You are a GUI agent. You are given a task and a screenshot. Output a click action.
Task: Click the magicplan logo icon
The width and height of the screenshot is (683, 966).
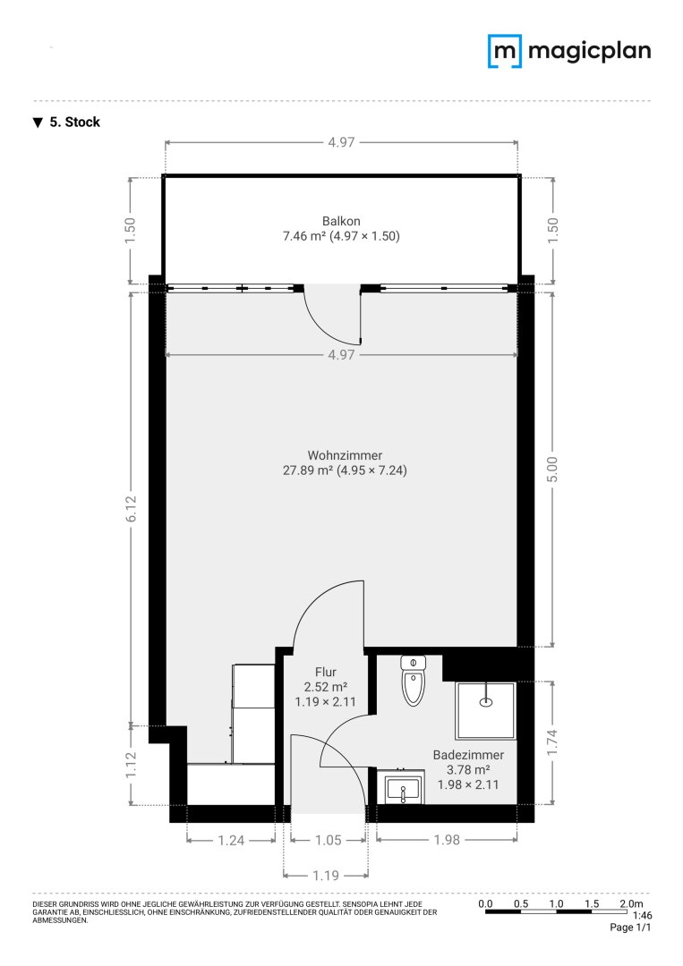pos(505,51)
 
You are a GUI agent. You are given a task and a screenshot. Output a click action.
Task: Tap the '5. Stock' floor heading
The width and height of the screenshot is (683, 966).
pos(66,122)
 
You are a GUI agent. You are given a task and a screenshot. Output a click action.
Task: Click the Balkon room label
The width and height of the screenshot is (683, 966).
pos(341,221)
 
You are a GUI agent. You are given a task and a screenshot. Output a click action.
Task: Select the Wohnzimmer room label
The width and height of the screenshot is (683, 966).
pos(345,455)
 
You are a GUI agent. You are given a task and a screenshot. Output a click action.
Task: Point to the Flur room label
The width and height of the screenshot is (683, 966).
pos(326,672)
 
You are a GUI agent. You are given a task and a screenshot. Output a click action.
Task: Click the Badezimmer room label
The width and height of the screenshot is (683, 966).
pos(468,755)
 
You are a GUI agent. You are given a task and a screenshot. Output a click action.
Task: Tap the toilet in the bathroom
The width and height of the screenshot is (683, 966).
pos(413,680)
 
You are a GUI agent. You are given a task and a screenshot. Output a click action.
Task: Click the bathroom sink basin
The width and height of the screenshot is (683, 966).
pos(404,789)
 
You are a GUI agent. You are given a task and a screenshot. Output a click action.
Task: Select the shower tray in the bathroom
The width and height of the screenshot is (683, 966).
pos(485,710)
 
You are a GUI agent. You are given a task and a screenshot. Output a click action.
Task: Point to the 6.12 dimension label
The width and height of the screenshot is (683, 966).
pos(131,509)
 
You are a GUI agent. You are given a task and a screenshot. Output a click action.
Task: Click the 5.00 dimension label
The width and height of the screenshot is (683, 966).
pos(552,470)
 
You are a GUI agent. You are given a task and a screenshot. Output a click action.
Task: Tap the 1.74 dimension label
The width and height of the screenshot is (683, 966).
pos(551,742)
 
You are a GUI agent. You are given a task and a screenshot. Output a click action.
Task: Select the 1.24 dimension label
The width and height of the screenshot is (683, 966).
pos(231,840)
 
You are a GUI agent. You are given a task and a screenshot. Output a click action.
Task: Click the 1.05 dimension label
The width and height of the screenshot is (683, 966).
pos(328,840)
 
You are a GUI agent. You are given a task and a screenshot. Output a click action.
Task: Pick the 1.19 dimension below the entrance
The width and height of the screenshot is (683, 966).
pos(326,876)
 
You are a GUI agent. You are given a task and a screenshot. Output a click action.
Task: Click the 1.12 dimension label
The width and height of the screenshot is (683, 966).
pos(131,765)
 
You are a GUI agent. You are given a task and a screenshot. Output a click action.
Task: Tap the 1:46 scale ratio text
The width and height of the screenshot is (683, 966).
pos(643,916)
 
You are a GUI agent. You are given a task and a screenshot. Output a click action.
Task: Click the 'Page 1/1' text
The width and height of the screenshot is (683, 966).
pos(630,928)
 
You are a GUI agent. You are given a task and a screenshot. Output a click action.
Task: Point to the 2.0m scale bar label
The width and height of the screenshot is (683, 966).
pos(631,903)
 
